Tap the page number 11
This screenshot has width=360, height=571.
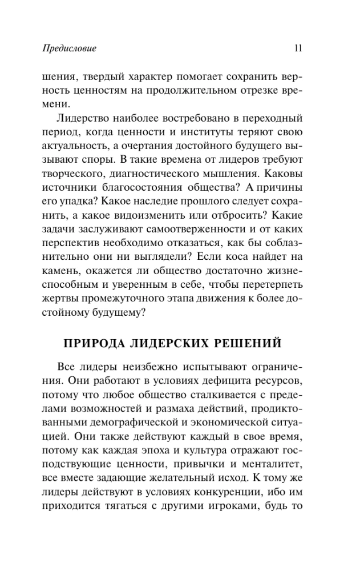pos(297,49)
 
